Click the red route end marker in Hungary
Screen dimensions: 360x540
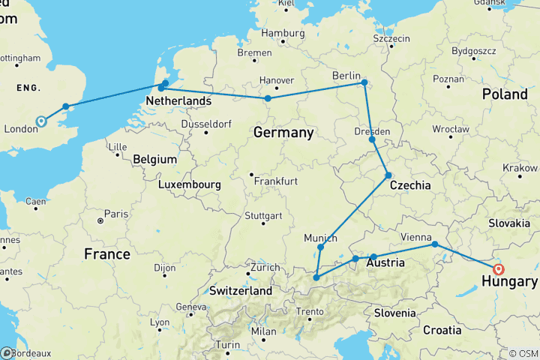(x=499, y=269)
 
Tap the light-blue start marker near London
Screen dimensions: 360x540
(x=40, y=121)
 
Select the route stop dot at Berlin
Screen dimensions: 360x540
(x=364, y=82)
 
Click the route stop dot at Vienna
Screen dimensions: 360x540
(x=434, y=244)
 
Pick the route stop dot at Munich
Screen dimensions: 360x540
(x=320, y=247)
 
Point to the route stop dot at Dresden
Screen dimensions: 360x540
(x=372, y=139)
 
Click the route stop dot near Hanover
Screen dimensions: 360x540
(x=268, y=98)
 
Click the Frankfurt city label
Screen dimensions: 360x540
(x=275, y=181)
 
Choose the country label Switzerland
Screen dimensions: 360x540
(x=240, y=290)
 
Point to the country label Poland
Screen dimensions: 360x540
(x=505, y=94)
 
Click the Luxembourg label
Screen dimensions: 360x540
(x=189, y=184)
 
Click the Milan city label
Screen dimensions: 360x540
(x=264, y=331)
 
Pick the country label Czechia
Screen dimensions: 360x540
(x=410, y=184)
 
